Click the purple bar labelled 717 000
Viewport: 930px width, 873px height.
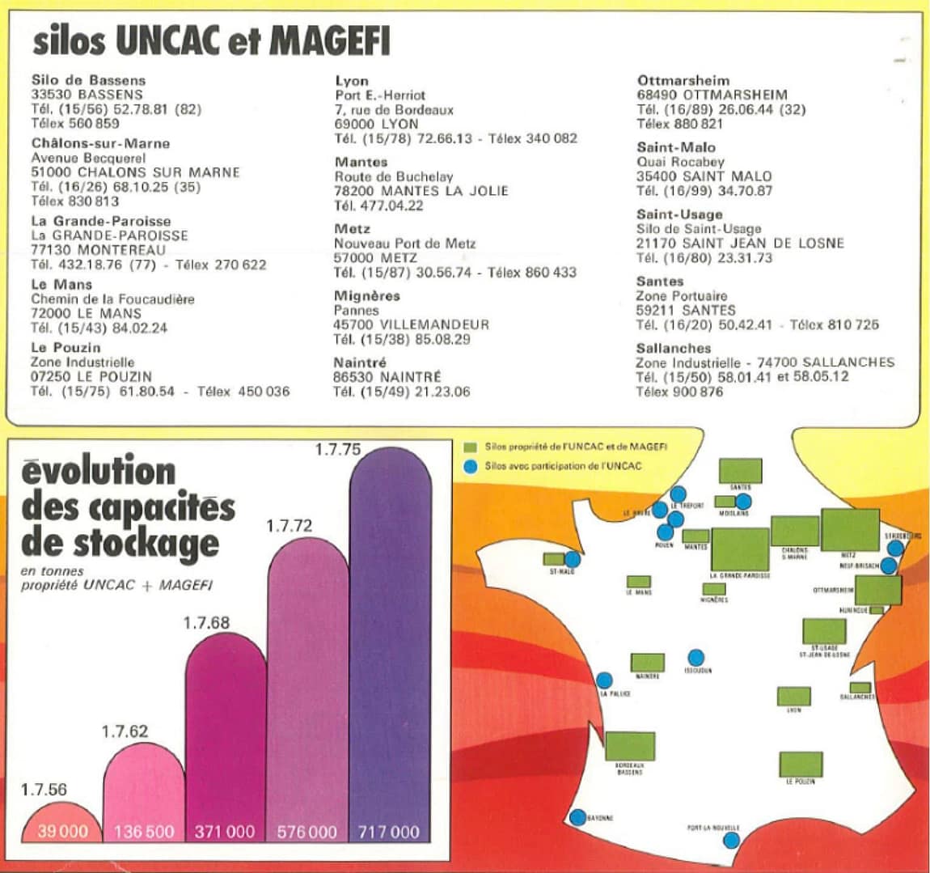coord(390,647)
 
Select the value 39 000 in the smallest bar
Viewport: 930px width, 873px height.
coord(62,831)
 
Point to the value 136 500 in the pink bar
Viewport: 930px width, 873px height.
coord(144,831)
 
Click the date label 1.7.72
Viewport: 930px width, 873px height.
coord(289,526)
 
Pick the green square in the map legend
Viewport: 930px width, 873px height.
coord(469,447)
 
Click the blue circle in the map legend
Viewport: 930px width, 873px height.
coord(469,466)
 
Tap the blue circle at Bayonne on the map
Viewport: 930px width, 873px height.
coord(577,817)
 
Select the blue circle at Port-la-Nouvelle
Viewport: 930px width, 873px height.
coord(731,840)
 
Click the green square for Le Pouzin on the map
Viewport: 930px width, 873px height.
coord(801,765)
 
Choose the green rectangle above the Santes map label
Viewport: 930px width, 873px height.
coord(740,470)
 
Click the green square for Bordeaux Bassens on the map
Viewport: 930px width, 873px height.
coord(630,746)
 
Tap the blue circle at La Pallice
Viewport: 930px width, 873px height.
coord(604,680)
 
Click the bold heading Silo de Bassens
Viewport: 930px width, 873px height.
coord(89,80)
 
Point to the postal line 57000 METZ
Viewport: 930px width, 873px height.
coord(375,258)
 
